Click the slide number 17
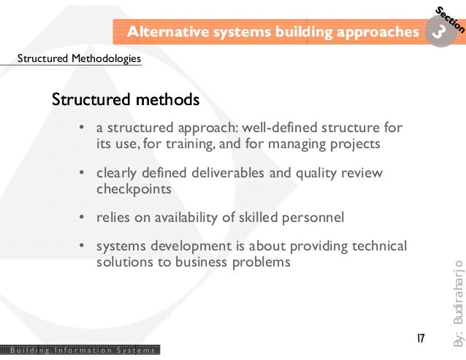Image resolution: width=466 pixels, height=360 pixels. click(421, 339)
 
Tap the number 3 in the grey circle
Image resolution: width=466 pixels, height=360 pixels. click(438, 33)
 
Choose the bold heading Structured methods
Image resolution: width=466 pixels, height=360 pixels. click(125, 98)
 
